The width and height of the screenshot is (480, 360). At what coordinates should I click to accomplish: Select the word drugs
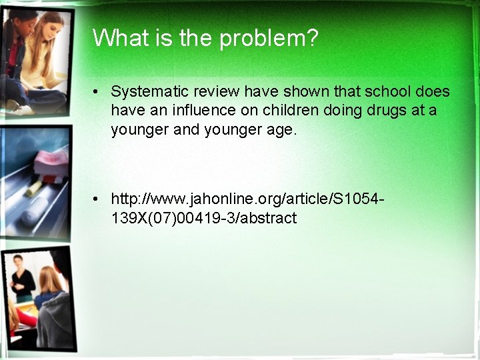pyautogui.click(x=391, y=110)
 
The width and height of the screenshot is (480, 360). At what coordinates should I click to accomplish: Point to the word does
pyautogui.click(x=432, y=91)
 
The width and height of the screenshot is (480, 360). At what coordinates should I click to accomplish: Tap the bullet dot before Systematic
pyautogui.click(x=97, y=92)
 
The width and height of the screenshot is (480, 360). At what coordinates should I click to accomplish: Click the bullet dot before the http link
pyautogui.click(x=97, y=199)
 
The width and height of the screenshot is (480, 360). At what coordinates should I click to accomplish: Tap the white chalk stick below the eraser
pyautogui.click(x=36, y=189)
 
